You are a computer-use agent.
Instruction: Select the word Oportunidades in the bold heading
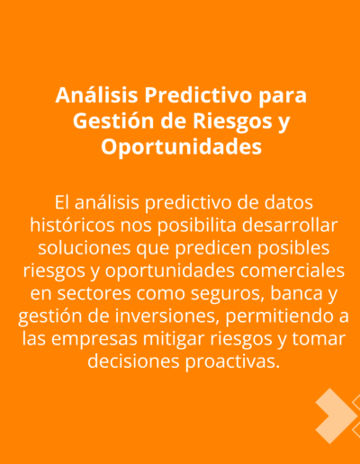(x=181, y=147)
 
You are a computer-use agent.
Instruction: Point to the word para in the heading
(x=283, y=97)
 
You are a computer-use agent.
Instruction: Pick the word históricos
(x=72, y=225)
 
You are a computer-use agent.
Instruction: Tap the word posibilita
(x=197, y=227)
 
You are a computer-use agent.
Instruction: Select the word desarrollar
(x=290, y=225)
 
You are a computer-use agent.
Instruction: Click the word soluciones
(x=85, y=248)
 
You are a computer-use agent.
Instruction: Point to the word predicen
(x=213, y=249)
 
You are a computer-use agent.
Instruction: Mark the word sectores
(x=94, y=294)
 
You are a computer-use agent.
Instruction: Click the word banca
(x=292, y=293)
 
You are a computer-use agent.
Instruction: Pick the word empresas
(x=94, y=340)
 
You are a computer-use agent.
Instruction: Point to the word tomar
(x=319, y=339)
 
